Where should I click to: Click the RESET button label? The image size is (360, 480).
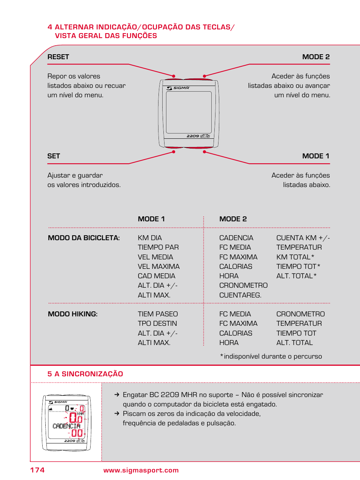click(58, 57)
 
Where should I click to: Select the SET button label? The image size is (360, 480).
click(54, 156)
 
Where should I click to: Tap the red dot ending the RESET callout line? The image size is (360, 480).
click(174, 76)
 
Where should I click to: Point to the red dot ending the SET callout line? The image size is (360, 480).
click(174, 152)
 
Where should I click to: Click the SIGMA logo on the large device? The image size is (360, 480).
click(178, 88)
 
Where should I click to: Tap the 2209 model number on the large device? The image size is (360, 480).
click(193, 136)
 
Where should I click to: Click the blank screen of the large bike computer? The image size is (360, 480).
click(189, 112)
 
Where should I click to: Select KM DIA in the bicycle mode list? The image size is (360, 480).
click(150, 238)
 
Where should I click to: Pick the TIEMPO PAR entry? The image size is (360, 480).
click(158, 247)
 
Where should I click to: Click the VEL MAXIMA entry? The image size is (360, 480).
click(158, 267)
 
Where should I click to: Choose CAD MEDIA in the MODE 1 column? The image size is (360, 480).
click(156, 276)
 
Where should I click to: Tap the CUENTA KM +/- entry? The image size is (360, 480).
click(303, 238)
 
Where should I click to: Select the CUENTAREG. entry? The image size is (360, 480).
click(240, 295)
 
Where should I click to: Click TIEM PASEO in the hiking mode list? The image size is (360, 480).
click(158, 314)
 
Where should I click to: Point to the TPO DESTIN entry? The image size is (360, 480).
click(157, 324)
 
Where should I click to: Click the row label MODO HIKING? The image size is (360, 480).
click(72, 314)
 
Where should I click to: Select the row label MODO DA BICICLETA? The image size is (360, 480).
click(84, 238)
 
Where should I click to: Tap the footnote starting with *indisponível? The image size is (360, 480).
click(271, 356)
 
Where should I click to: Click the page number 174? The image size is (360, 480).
click(37, 470)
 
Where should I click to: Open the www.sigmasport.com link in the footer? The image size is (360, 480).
click(141, 470)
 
